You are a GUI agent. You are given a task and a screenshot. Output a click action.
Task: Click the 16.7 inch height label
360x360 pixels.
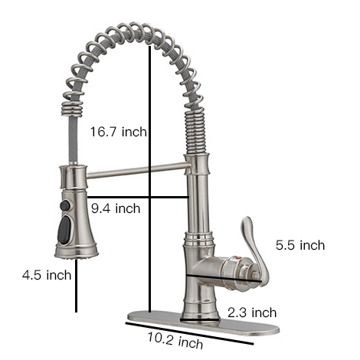coord(117,133)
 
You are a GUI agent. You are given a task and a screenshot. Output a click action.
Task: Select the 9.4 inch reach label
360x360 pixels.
coord(116,208)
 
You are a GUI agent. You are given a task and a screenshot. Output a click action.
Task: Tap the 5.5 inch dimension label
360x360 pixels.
coord(300,246)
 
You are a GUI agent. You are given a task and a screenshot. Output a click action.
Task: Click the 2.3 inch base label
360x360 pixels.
coord(252,312)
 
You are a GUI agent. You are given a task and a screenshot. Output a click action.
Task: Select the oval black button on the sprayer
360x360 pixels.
coord(65,227)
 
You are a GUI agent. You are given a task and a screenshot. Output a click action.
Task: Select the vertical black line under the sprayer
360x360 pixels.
coord(77,287)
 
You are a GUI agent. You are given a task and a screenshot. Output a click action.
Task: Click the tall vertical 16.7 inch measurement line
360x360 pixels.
coord(148,92)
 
